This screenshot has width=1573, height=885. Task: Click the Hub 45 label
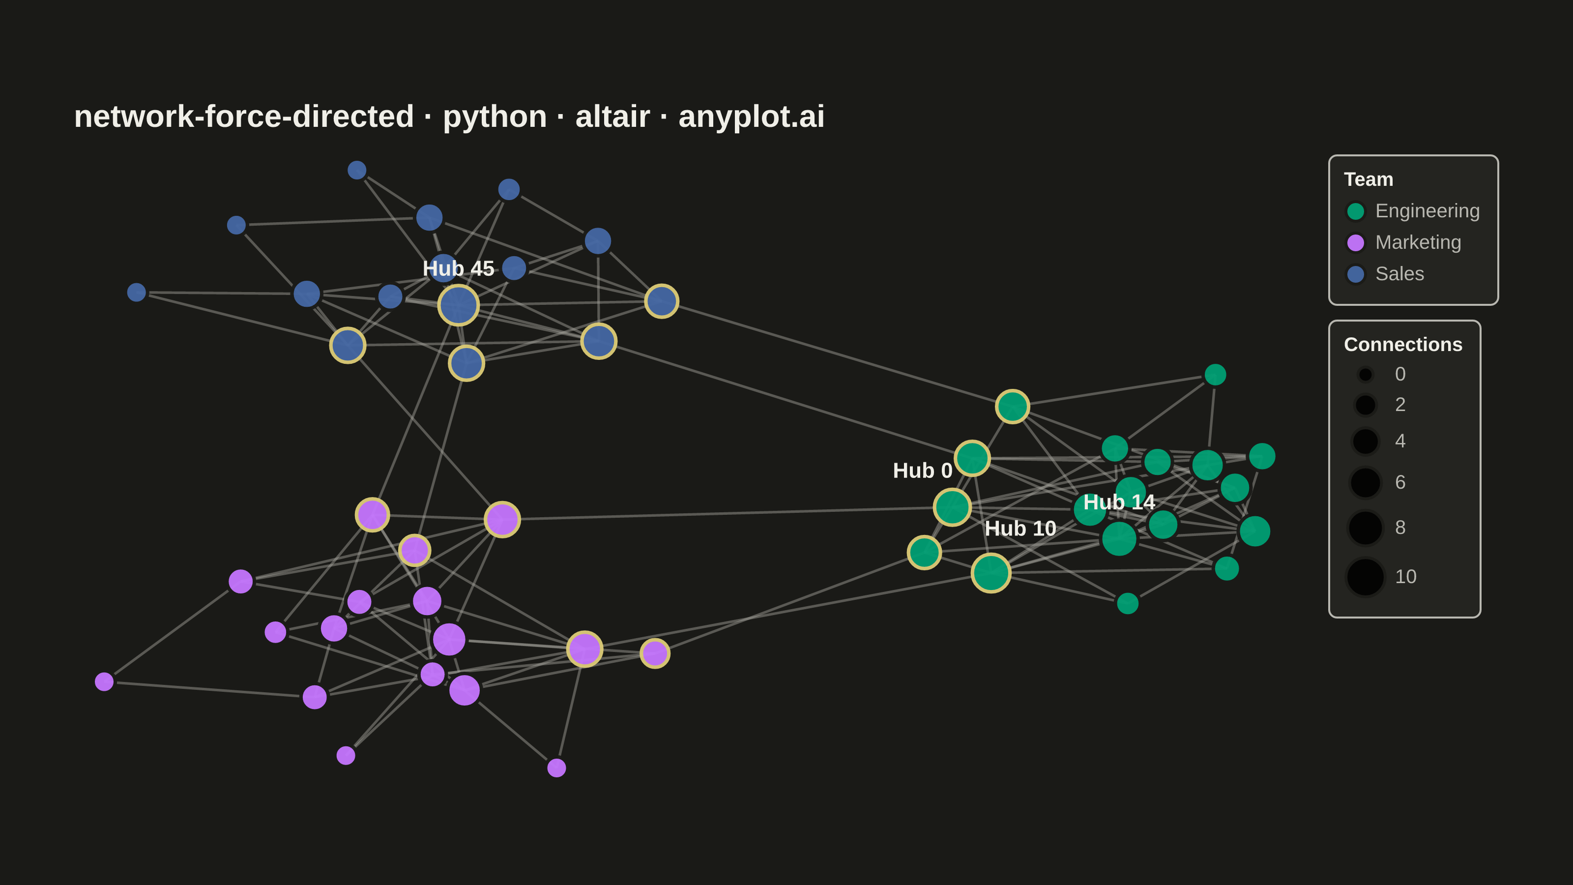[458, 269]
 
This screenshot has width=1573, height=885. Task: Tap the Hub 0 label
[922, 471]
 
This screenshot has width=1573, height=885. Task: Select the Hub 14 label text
[1119, 502]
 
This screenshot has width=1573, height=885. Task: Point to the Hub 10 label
[1020, 529]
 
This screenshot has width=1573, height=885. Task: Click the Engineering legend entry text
[1427, 211]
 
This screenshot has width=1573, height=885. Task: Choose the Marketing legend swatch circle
[1356, 243]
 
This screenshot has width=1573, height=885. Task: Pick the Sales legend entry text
[1399, 274]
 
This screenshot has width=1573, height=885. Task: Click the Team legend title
[1369, 179]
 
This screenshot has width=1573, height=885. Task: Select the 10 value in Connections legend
[1406, 577]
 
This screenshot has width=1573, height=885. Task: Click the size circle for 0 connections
[1366, 374]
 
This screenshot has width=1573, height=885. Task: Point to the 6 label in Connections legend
[1400, 482]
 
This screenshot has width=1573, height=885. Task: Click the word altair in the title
[612, 116]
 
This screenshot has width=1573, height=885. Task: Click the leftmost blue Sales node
[136, 293]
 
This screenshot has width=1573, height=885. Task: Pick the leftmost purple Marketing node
[104, 681]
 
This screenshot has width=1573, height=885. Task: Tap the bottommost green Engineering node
[1127, 603]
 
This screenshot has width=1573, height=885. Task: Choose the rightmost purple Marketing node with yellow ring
[655, 653]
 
